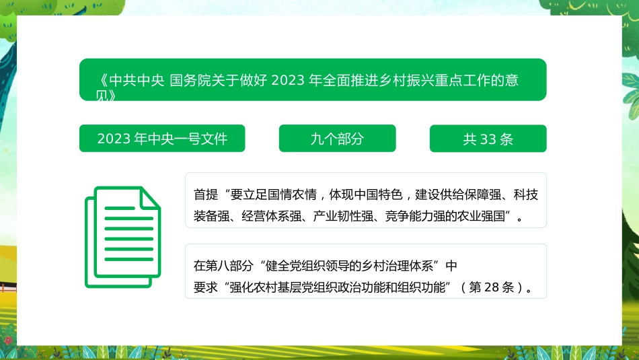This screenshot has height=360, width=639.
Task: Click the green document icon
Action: pyautogui.click(x=122, y=236)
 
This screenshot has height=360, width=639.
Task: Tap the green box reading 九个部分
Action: pyautogui.click(x=337, y=139)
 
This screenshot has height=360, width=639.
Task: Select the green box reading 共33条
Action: pyautogui.click(x=488, y=139)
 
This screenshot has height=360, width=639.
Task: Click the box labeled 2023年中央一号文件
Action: pyautogui.click(x=162, y=139)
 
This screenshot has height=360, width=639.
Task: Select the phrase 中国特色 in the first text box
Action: pyautogui.click(x=377, y=195)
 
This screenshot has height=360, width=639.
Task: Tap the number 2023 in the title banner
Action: pyautogui.click(x=289, y=81)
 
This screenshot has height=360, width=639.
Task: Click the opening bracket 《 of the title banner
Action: pyautogui.click(x=102, y=81)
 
